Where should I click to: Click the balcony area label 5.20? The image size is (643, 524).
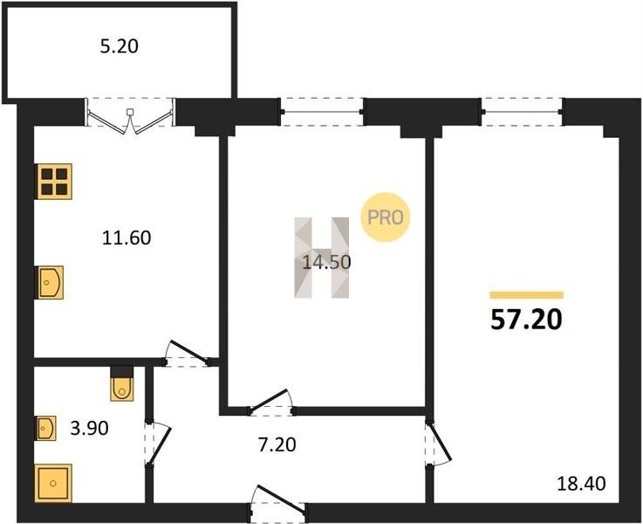click(x=120, y=46)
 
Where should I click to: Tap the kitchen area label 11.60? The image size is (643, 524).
click(x=127, y=238)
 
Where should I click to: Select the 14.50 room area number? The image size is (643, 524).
click(x=326, y=262)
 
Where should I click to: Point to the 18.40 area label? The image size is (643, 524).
click(x=581, y=484)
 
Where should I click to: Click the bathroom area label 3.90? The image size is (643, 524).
click(x=89, y=428)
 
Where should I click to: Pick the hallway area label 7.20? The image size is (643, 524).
click(x=277, y=445)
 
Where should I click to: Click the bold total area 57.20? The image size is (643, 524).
click(x=526, y=320)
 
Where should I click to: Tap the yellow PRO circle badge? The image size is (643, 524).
click(x=385, y=217)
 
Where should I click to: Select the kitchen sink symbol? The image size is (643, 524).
click(x=49, y=282)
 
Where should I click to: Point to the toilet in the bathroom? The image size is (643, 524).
click(x=122, y=383)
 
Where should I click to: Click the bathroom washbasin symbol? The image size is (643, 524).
click(x=45, y=429)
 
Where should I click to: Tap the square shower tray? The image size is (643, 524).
click(x=53, y=483)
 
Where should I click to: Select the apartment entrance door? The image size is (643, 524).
click(x=277, y=504)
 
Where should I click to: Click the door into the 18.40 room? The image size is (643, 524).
click(x=438, y=444)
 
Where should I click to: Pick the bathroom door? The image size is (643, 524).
click(x=157, y=444)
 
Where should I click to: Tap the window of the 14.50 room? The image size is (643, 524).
click(x=321, y=112)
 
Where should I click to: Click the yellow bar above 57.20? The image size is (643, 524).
click(x=527, y=295)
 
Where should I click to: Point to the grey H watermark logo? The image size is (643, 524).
click(x=321, y=258)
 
